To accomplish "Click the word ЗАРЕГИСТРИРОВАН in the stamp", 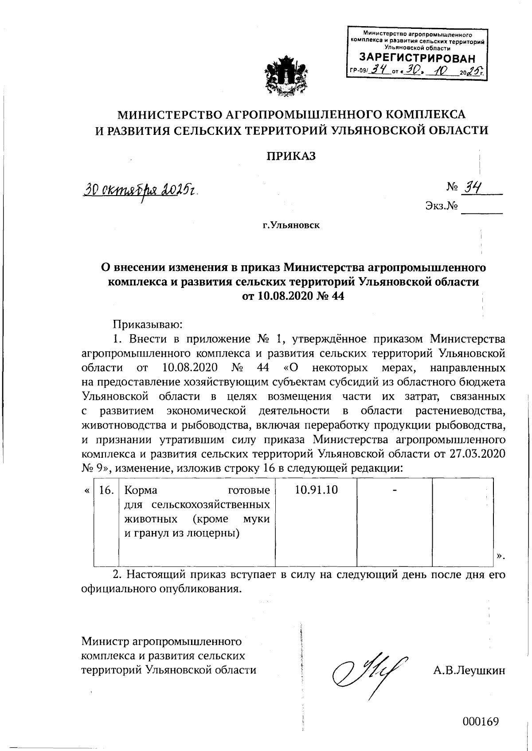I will (x=417, y=58).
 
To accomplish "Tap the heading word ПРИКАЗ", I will (x=291, y=156).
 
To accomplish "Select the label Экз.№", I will (x=441, y=206).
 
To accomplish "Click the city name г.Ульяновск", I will (x=291, y=225).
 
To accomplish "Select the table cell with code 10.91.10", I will (x=316, y=490).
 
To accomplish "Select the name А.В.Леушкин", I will (x=469, y=671).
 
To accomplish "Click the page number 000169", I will (x=481, y=721).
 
